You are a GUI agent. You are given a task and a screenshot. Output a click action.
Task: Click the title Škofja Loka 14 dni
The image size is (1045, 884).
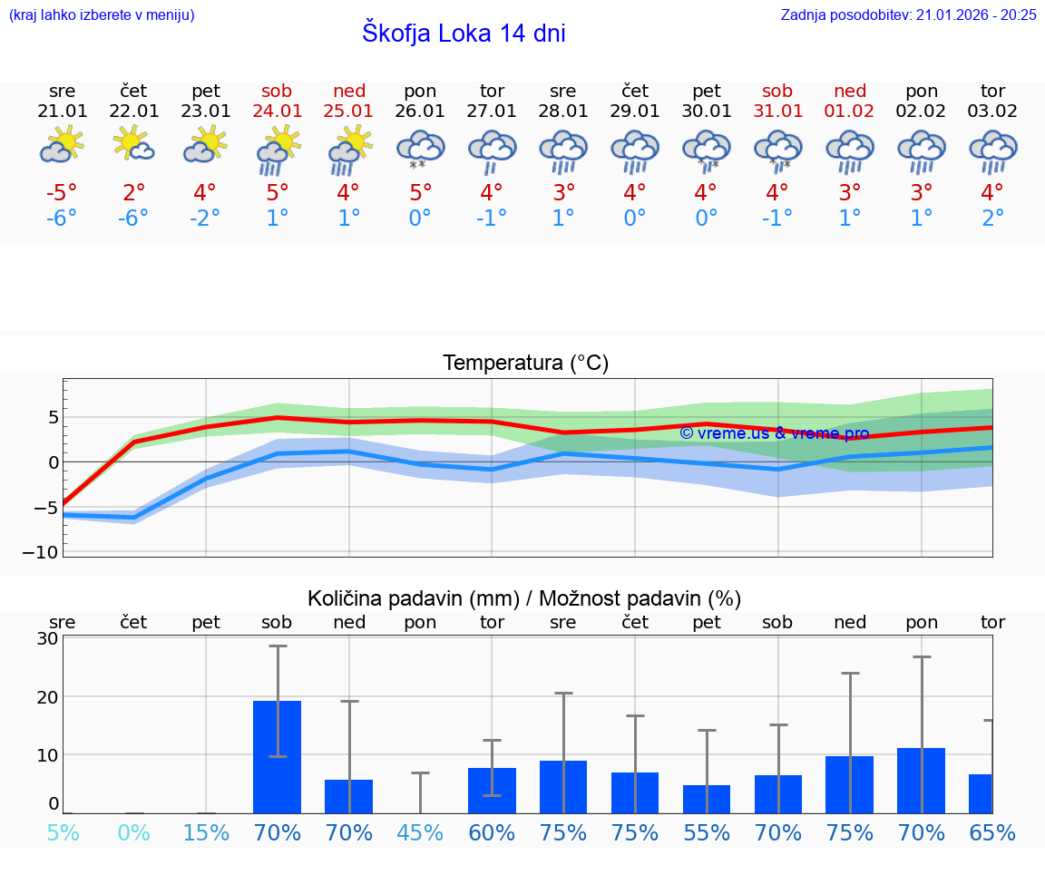(x=464, y=34)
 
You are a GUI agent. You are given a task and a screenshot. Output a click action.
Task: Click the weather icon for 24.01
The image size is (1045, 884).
(x=278, y=151)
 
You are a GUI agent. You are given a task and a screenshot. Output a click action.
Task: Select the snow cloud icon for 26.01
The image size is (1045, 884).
(x=420, y=151)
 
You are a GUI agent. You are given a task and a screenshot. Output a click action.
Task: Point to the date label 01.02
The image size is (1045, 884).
(x=850, y=112)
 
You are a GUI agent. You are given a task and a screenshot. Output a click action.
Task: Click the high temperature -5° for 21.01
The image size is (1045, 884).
(x=63, y=193)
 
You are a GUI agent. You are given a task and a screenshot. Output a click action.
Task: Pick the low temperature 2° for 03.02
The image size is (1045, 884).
(x=992, y=219)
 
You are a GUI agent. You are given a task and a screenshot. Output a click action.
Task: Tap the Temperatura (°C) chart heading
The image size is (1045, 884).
(x=525, y=364)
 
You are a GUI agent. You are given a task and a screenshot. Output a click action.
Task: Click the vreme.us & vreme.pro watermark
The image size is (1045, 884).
(x=774, y=433)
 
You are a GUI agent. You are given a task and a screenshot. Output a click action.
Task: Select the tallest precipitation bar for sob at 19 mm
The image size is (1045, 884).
(x=277, y=756)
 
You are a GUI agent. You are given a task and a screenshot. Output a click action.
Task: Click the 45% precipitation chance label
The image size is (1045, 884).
(x=420, y=832)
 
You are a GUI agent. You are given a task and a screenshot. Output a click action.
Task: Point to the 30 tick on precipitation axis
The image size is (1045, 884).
(x=47, y=638)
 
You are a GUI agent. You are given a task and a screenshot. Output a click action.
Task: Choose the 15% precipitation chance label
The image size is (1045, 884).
(x=206, y=832)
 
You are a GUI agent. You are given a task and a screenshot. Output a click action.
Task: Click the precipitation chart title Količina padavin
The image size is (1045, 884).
(x=524, y=598)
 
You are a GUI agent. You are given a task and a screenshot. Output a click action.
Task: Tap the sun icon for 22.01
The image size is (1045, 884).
(x=133, y=145)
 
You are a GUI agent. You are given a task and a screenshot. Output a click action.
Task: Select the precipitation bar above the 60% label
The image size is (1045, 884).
(x=492, y=790)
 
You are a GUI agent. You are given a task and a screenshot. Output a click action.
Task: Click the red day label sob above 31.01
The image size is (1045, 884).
(x=777, y=91)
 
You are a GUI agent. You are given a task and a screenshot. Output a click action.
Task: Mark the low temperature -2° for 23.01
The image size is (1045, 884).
(x=206, y=219)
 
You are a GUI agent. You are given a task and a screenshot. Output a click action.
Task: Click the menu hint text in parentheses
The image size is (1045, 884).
(x=101, y=15)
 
